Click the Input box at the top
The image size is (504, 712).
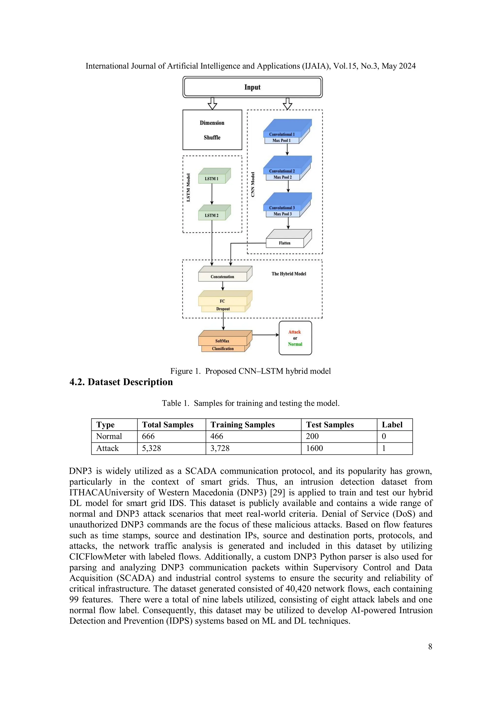pyautogui.click(x=252, y=87)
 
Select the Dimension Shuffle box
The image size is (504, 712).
pyautogui.click(x=212, y=130)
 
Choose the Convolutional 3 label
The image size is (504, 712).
pyautogui.click(x=282, y=208)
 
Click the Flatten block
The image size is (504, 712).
pyautogui.click(x=284, y=243)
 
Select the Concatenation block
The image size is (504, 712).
pyautogui.click(x=222, y=276)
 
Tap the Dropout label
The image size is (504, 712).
pyautogui.click(x=223, y=309)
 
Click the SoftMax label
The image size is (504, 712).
pyautogui.click(x=222, y=341)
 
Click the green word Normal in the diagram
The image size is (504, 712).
pyautogui.click(x=295, y=344)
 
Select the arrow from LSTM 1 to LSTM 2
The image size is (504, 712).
pyautogui.click(x=212, y=194)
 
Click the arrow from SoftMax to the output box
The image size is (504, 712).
pyautogui.click(x=266, y=335)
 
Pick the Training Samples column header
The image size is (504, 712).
pyautogui.click(x=243, y=424)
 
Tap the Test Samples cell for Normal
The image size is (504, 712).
pyautogui.click(x=312, y=436)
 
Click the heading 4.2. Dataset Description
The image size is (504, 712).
pyautogui.click(x=121, y=382)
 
